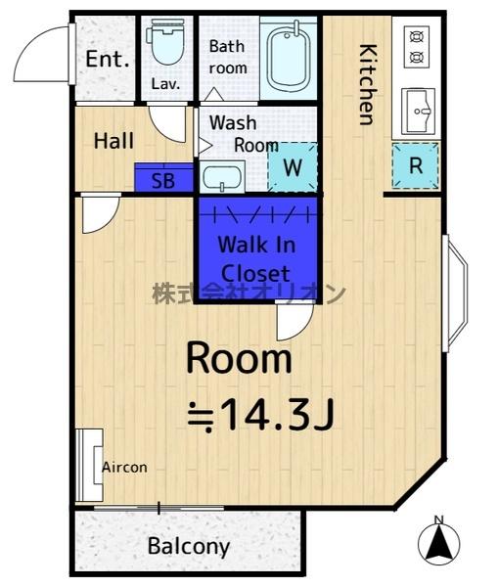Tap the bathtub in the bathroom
point(289,58)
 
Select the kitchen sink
point(418,112)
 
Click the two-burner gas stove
point(417,47)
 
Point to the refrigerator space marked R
point(416,165)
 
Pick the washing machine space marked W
point(293,167)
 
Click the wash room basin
point(222,177)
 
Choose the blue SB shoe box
point(163,178)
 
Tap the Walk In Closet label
point(256,259)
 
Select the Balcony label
point(189,547)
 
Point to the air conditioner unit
point(89,466)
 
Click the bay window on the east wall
point(455,293)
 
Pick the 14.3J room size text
point(261,415)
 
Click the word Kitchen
point(367,84)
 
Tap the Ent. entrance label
point(108,59)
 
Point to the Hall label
point(113,141)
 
